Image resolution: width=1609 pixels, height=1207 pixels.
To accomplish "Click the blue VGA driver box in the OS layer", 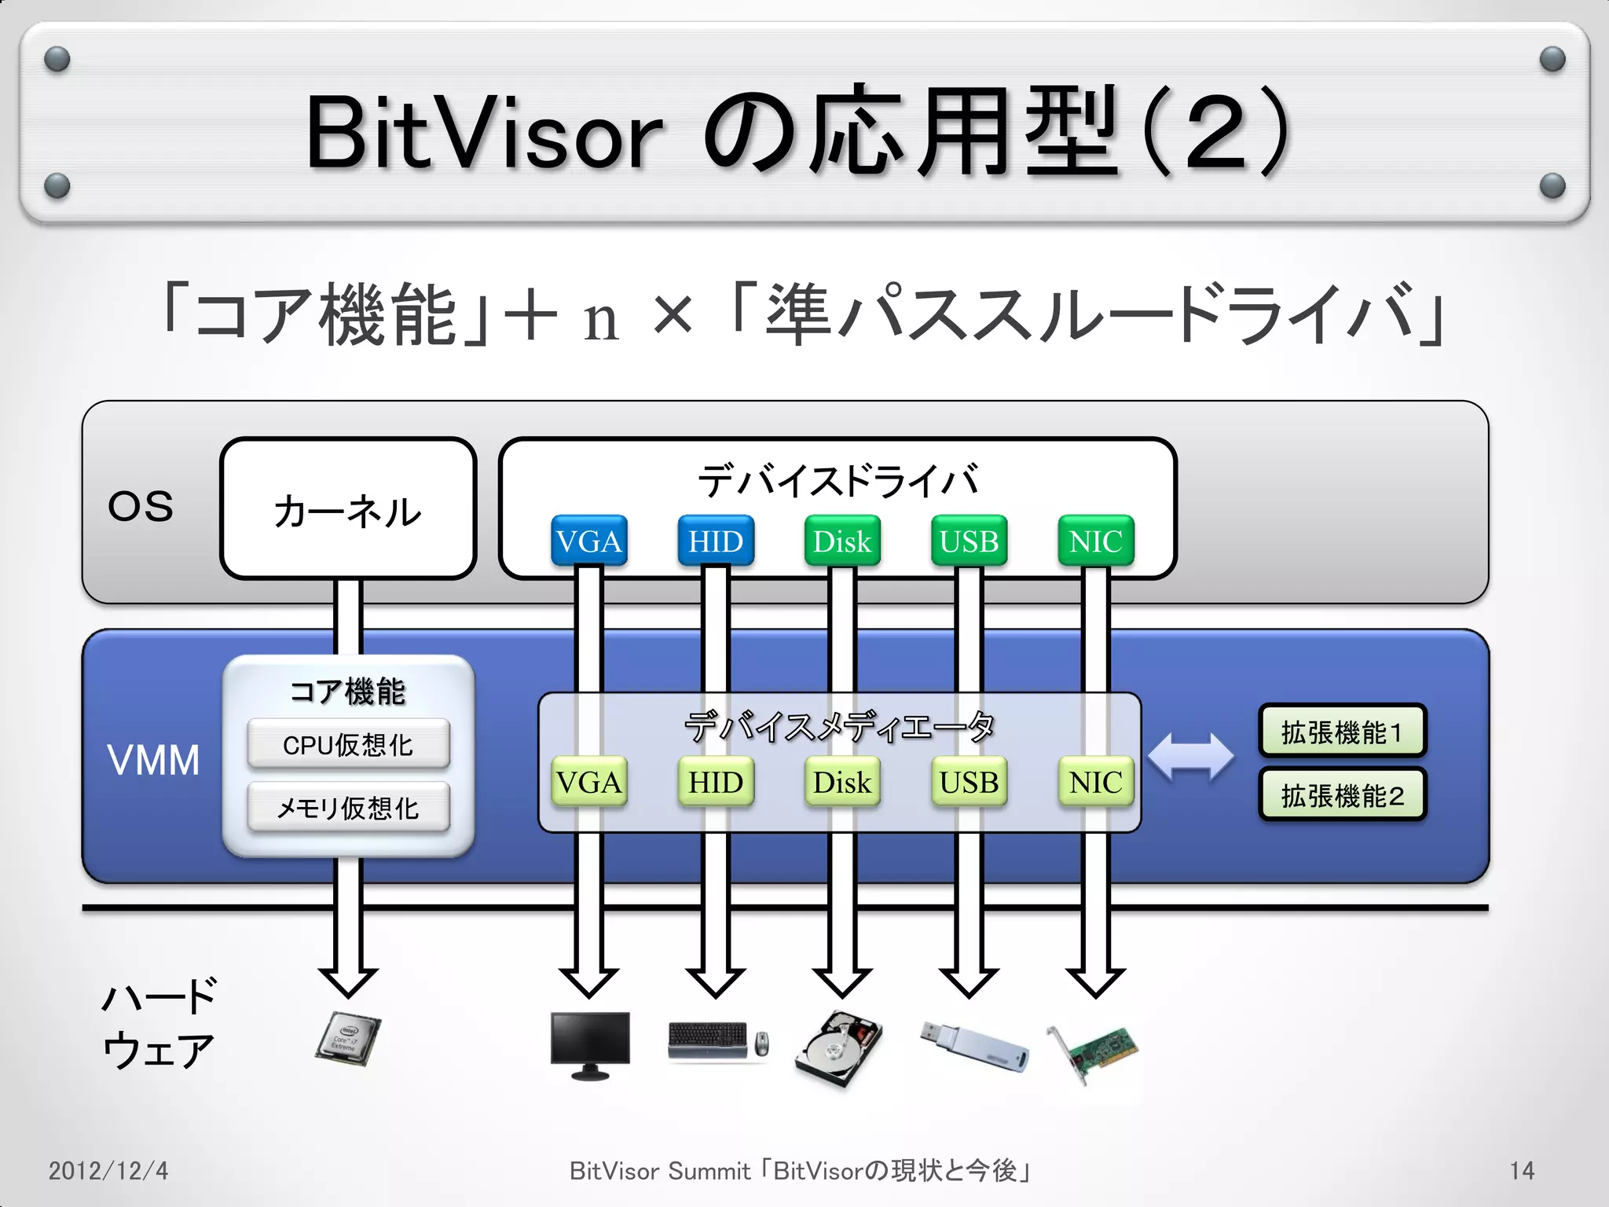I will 588,541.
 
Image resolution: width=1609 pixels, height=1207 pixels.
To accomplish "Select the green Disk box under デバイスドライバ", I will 842,541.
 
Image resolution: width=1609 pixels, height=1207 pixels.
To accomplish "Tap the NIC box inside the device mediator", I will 1095,782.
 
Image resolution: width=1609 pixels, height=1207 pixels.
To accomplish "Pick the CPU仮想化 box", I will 348,744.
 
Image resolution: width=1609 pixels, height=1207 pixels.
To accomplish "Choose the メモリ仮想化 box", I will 348,807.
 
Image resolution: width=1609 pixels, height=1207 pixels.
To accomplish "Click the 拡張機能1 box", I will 1342,732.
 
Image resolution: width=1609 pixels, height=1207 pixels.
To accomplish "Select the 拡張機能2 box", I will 1342,795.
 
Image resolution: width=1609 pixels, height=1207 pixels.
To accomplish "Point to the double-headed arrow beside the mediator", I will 1190,757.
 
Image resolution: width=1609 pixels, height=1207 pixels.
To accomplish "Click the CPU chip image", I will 348,1039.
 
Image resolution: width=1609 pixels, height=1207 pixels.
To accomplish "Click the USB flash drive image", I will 974,1045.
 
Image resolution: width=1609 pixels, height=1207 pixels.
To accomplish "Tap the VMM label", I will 153,760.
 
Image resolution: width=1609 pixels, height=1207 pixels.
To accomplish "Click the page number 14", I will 1521,1171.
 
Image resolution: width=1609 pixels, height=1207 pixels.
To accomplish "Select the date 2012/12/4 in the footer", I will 108,1171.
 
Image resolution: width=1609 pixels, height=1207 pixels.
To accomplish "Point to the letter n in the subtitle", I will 601,320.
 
